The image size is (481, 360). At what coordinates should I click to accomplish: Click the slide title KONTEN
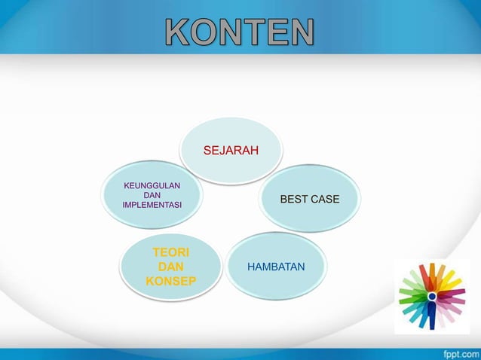[x=240, y=32]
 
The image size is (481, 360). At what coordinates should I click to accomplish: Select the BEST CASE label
[x=309, y=199]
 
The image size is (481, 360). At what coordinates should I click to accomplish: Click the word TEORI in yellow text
[x=171, y=252]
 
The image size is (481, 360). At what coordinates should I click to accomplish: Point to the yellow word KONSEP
[x=171, y=281]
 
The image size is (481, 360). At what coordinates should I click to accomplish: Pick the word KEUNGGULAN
[x=152, y=184]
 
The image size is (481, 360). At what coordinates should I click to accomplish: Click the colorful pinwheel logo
[x=432, y=296]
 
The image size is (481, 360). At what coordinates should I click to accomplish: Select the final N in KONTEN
[x=301, y=32]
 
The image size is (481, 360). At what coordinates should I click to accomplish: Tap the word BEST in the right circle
[x=293, y=199]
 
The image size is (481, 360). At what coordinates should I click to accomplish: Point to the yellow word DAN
[x=171, y=267]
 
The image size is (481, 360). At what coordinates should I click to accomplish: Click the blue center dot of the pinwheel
[x=432, y=297]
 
